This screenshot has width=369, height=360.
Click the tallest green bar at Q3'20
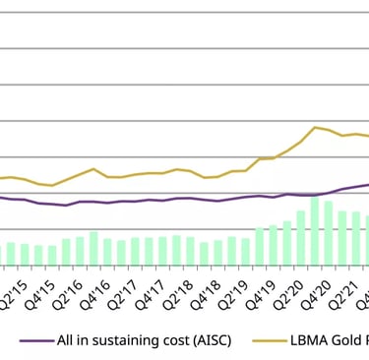[315, 232]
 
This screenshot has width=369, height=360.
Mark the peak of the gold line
[315, 127]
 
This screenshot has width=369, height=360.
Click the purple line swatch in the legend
[36, 340]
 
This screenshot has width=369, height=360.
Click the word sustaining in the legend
[139, 340]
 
